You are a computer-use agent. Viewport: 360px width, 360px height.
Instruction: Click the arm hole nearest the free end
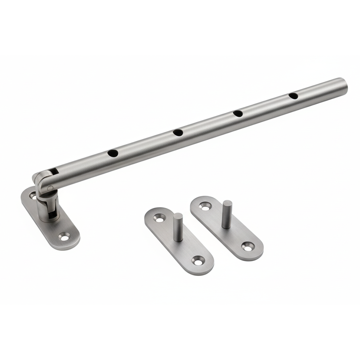click(293, 96)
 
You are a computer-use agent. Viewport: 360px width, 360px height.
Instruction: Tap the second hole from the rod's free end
click(238, 113)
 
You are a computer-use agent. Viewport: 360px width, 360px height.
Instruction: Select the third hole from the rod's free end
click(178, 132)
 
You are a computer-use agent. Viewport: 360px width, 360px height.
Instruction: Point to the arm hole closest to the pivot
click(113, 153)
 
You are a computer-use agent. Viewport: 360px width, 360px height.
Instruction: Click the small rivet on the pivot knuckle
click(50, 187)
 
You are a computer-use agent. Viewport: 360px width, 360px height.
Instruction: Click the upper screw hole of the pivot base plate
click(33, 195)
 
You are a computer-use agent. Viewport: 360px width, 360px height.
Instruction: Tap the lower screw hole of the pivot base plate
click(64, 237)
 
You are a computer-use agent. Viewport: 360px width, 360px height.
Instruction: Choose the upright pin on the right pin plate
click(227, 214)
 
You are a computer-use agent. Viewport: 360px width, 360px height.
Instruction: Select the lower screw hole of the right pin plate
click(247, 247)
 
